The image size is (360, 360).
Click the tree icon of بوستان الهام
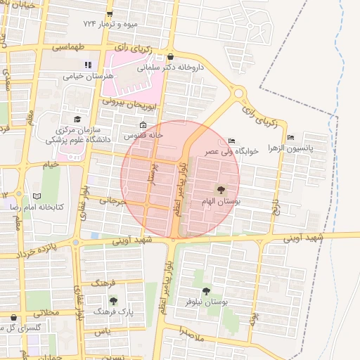pos(221,189)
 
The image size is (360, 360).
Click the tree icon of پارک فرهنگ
pos(114,300)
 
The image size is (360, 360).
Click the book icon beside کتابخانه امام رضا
pos(37,196)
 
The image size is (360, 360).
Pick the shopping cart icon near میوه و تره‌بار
pos(110,13)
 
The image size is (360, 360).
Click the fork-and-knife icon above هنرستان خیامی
pos(88,65)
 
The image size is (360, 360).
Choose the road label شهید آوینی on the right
pos(304,238)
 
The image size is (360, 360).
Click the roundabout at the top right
pos(240,91)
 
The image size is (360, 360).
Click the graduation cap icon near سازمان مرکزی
pos(77,119)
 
